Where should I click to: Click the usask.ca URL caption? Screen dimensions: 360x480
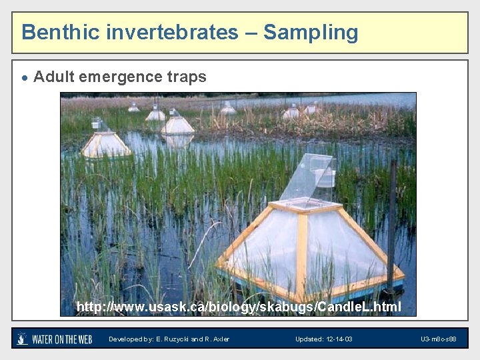pyautogui.click(x=239, y=307)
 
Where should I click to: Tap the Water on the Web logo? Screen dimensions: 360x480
pyautogui.click(x=55, y=339)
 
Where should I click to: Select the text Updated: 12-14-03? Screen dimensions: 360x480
pyautogui.click(x=324, y=339)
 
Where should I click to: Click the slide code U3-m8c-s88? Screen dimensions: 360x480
pyautogui.click(x=438, y=339)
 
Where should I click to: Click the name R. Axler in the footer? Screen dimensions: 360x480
pyautogui.click(x=217, y=339)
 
